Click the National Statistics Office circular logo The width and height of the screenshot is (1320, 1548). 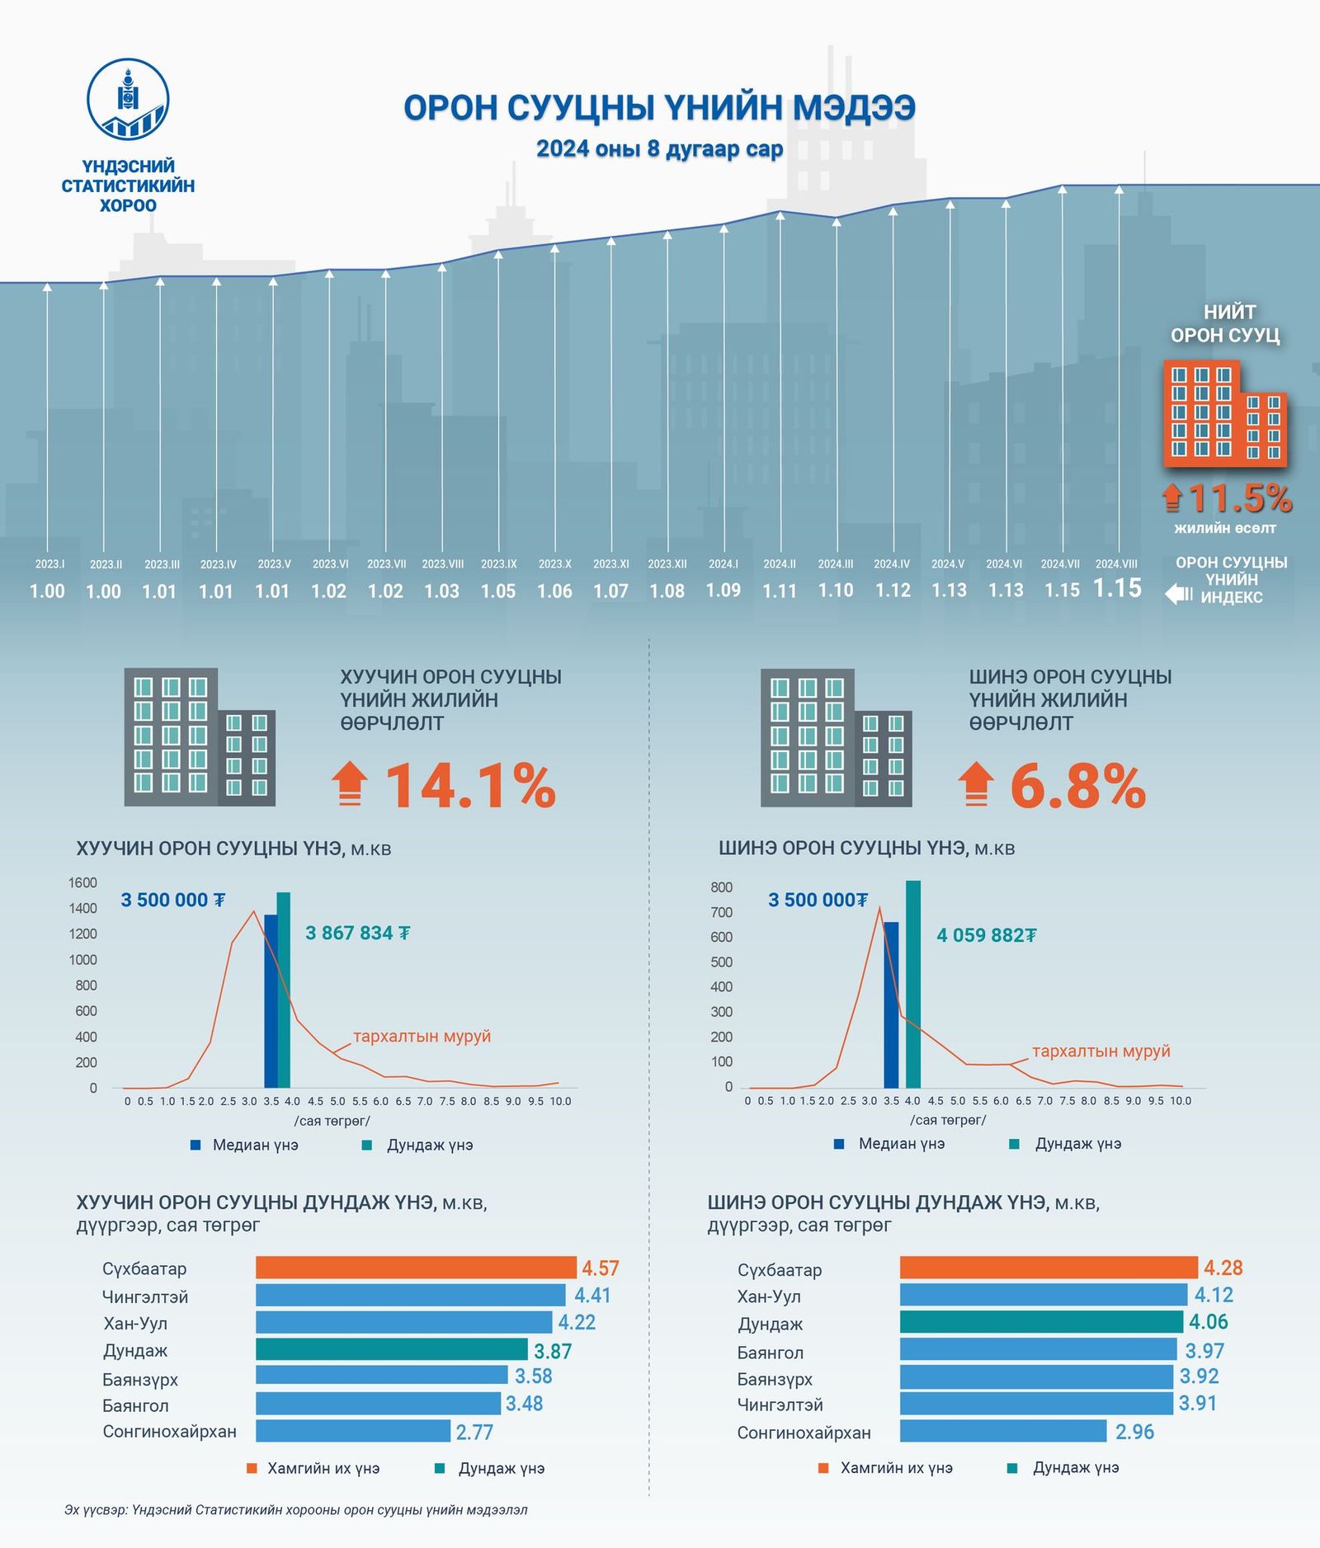pyautogui.click(x=128, y=99)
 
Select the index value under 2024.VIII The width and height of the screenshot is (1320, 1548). pyautogui.click(x=1117, y=588)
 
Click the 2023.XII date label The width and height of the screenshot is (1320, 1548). pyautogui.click(x=667, y=564)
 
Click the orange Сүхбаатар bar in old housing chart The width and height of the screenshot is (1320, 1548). pyautogui.click(x=416, y=1268)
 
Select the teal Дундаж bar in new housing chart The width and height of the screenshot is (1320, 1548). pyautogui.click(x=1041, y=1322)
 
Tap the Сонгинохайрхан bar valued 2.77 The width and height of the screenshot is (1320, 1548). pyautogui.click(x=353, y=1431)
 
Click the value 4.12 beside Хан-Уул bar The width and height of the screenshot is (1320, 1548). pyautogui.click(x=1214, y=1295)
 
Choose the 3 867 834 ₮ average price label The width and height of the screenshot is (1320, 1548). pyautogui.click(x=357, y=933)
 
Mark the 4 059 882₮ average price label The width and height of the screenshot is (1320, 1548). pyautogui.click(x=986, y=935)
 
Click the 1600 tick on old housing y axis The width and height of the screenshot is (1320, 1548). pyautogui.click(x=82, y=882)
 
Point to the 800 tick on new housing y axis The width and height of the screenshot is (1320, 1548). pyautogui.click(x=721, y=887)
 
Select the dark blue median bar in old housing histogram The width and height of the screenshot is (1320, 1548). pyautogui.click(x=271, y=1001)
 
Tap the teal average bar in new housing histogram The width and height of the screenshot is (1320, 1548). pyautogui.click(x=912, y=985)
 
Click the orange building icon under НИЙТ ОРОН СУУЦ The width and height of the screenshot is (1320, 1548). pyautogui.click(x=1224, y=412)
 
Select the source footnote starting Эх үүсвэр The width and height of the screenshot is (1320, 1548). pyautogui.click(x=296, y=1509)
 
